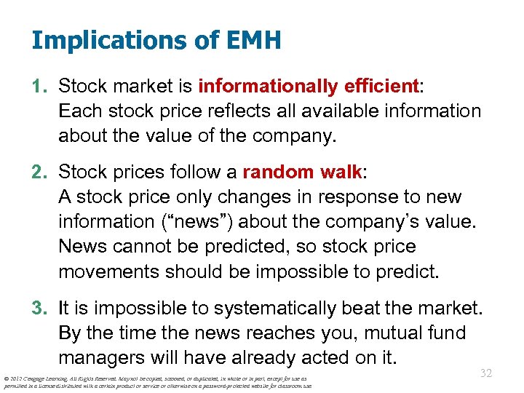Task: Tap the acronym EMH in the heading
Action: tap(255, 39)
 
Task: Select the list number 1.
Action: tap(39, 87)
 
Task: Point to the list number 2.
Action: tap(39, 172)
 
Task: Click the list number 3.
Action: tap(39, 309)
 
